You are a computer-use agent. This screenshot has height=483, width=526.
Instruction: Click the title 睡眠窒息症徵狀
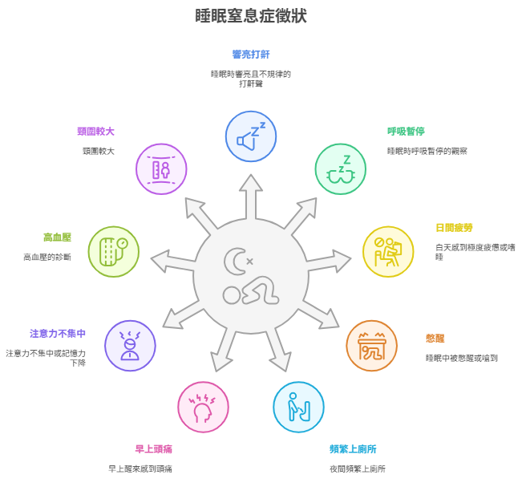pyautogui.click(x=251, y=16)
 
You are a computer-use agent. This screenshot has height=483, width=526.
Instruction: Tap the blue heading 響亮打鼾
pyautogui.click(x=251, y=55)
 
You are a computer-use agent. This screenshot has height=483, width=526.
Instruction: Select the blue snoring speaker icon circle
pyautogui.click(x=251, y=136)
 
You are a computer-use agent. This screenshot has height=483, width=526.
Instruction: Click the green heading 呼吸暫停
pyautogui.click(x=406, y=132)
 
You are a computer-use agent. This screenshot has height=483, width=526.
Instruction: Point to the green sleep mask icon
pyautogui.click(x=341, y=169)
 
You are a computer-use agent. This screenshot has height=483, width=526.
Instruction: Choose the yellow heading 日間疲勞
pyautogui.click(x=454, y=228)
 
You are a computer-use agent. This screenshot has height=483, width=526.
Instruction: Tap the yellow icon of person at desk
pyautogui.click(x=388, y=252)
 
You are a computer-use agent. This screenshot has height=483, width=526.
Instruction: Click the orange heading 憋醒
pyautogui.click(x=435, y=339)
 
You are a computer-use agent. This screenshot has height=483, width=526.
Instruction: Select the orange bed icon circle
pyautogui.click(x=372, y=346)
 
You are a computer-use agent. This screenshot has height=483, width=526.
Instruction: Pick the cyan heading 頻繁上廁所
pyautogui.click(x=353, y=449)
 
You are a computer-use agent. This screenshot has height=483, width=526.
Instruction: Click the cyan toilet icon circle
pyautogui.click(x=298, y=407)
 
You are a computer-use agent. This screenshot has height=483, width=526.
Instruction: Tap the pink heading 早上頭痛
pyautogui.click(x=154, y=449)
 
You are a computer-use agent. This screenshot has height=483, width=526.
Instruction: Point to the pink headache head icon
pyautogui.click(x=204, y=407)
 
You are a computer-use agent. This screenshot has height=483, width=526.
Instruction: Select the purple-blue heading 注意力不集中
pyautogui.click(x=58, y=334)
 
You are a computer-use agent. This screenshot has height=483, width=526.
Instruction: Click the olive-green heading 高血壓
pyautogui.click(x=58, y=237)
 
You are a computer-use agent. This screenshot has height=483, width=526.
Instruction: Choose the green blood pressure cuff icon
pyautogui.click(x=114, y=252)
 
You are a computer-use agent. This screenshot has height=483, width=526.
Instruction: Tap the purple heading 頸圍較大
pyautogui.click(x=96, y=132)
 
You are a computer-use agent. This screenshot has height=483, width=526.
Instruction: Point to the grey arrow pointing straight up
pyautogui.click(x=251, y=197)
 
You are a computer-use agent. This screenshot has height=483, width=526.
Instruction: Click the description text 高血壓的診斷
pyautogui.click(x=47, y=258)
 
